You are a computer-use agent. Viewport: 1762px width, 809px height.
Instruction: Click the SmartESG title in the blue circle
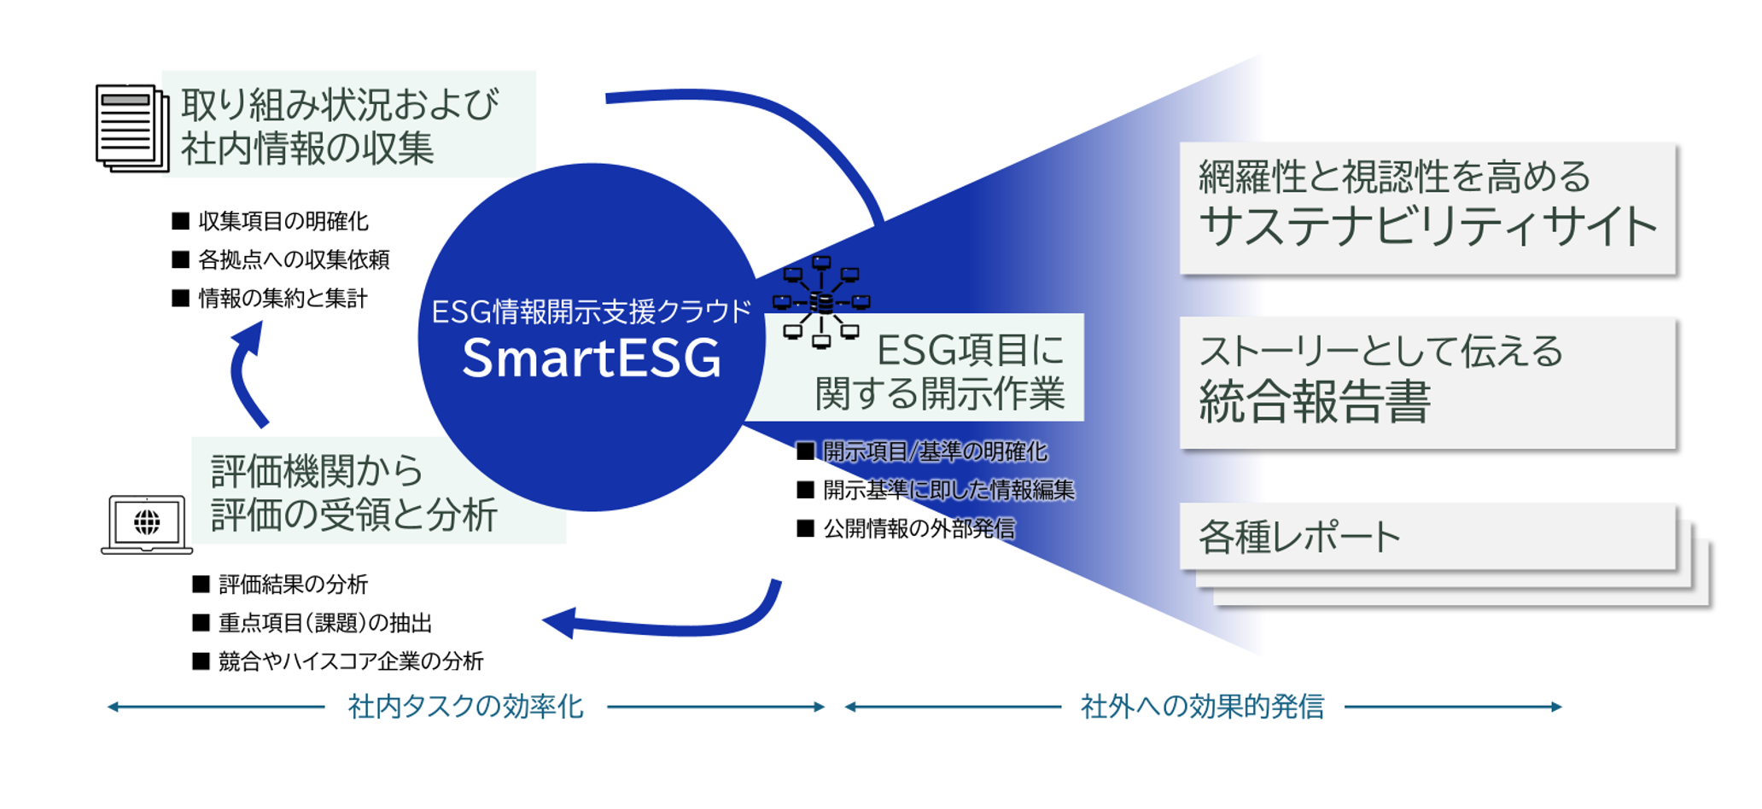pos(592,358)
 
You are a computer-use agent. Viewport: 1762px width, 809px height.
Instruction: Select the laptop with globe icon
pos(146,524)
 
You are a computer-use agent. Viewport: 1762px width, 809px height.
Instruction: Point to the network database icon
pos(821,302)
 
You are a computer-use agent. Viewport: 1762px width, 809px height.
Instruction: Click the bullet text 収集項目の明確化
pos(283,222)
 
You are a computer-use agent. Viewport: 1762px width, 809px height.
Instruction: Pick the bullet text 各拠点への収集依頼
pos(294,259)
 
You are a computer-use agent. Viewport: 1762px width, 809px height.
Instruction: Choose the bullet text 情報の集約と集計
pos(283,299)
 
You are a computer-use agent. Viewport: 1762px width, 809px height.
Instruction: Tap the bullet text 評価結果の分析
pos(293,585)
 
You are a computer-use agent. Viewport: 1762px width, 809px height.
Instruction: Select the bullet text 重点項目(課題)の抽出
pos(325,623)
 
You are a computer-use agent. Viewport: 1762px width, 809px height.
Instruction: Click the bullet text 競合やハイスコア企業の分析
pos(351,661)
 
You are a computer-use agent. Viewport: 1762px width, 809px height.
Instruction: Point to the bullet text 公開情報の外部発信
pos(919,529)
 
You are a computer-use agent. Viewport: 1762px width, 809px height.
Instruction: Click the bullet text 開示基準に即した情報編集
pos(948,490)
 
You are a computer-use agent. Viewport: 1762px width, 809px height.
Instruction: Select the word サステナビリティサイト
pos(1428,226)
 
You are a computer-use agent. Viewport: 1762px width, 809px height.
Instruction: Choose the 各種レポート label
pos(1299,538)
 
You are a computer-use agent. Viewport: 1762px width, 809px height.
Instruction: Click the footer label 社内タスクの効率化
pos(466,707)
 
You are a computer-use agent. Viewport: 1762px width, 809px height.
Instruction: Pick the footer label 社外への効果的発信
pos(1203,707)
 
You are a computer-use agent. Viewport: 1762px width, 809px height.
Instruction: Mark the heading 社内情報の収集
pos(307,148)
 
